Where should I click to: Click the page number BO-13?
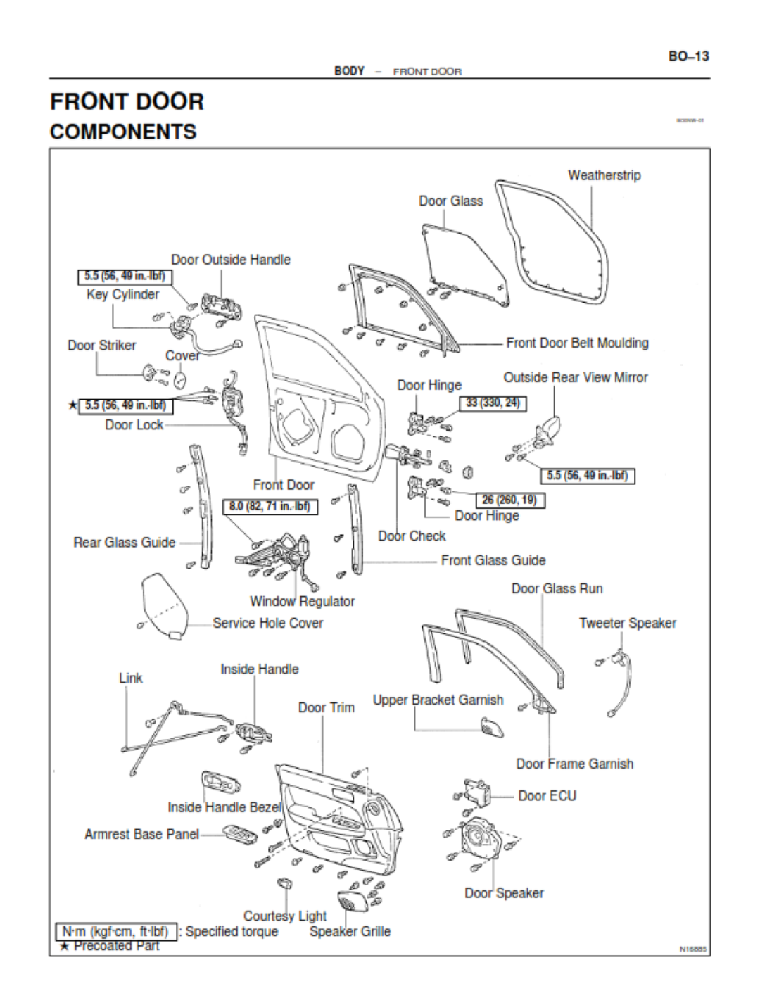coord(688,56)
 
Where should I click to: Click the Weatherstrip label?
coord(604,175)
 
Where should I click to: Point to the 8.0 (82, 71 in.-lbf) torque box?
coord(270,506)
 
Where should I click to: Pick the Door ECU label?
coord(547,796)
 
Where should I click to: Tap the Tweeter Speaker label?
coord(627,623)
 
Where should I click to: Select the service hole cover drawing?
coord(165,605)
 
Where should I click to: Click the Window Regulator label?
coord(302,601)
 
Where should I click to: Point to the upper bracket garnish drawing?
coord(492,727)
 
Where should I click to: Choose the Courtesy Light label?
coord(284,916)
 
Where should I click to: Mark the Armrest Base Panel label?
coord(141,834)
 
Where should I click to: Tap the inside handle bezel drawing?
coord(220,781)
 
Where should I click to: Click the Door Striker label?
coord(101,346)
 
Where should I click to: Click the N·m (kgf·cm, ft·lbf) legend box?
coord(115,932)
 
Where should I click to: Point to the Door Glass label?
coord(450,201)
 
